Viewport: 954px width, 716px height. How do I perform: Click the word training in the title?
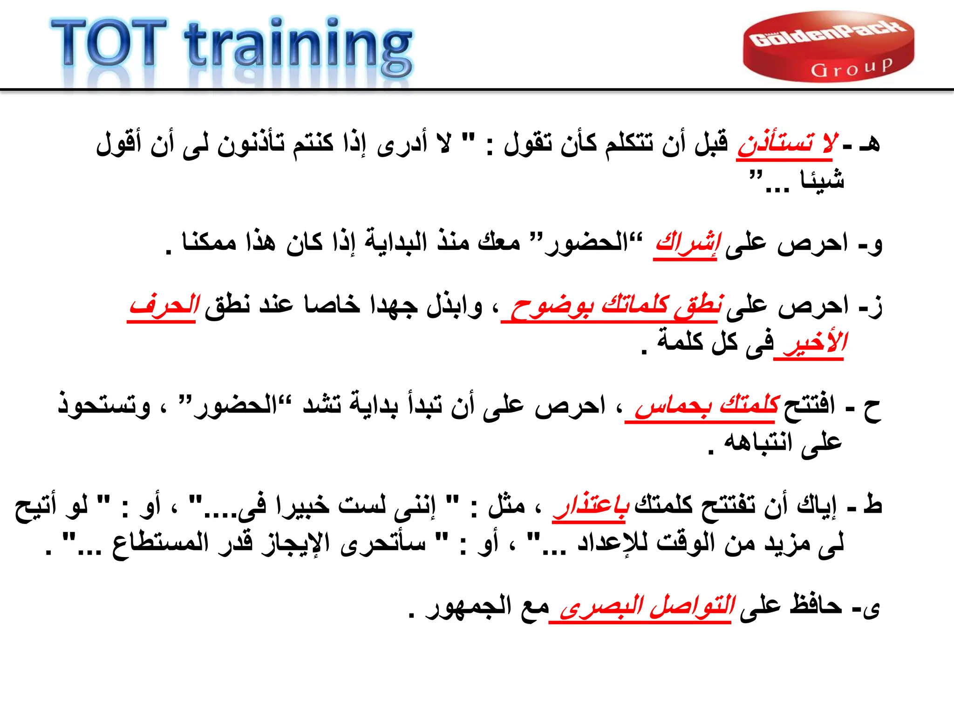tap(298, 47)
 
